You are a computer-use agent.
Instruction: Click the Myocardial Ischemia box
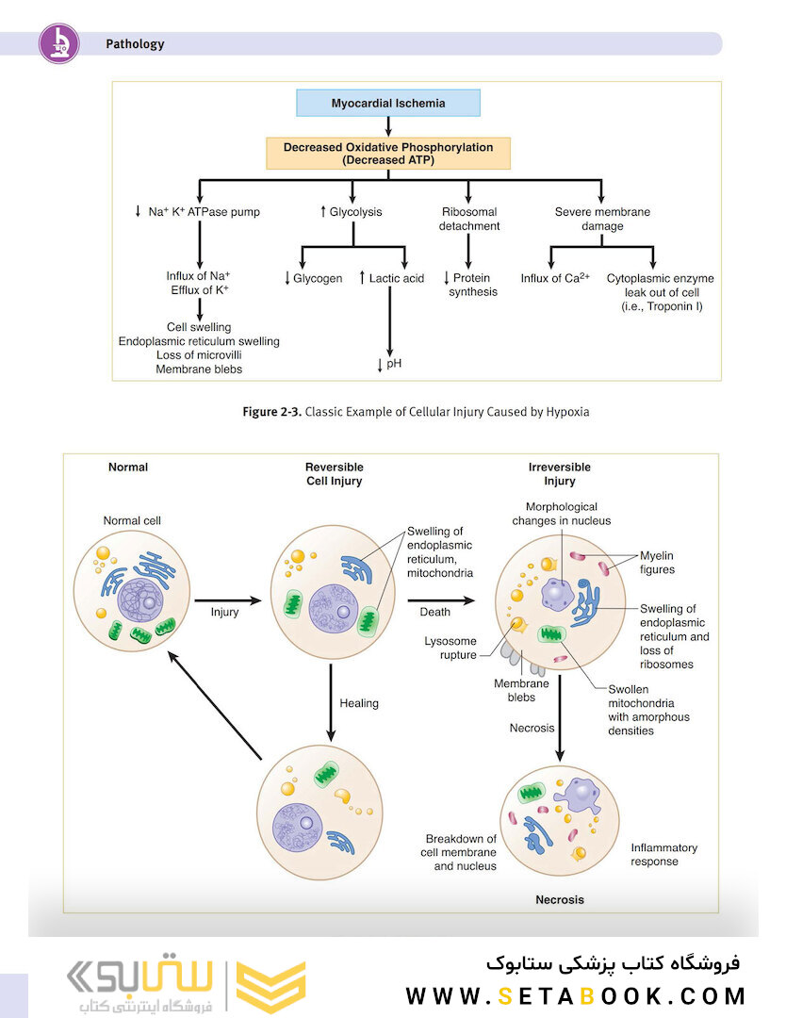click(388, 103)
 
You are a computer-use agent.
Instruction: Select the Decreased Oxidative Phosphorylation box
click(388, 154)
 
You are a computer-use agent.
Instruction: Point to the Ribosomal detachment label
click(469, 219)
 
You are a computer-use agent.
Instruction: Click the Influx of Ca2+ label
click(555, 278)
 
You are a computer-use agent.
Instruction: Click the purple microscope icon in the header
click(59, 43)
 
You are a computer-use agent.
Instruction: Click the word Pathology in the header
click(135, 44)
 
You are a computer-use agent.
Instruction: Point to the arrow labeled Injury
click(227, 600)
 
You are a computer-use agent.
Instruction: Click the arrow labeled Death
click(441, 600)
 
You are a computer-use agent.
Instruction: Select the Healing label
click(359, 703)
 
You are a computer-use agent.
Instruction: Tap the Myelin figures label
click(658, 562)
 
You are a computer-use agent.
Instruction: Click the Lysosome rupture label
click(450, 648)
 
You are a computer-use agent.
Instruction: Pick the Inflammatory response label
click(664, 854)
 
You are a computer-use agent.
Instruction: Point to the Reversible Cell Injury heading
click(335, 474)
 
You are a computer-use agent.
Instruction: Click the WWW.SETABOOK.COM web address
click(576, 996)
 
